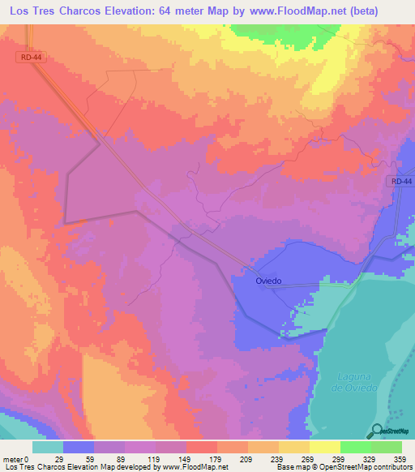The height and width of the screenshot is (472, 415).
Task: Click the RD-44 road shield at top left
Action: [29, 58]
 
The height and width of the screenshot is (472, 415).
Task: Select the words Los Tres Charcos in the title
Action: [57, 12]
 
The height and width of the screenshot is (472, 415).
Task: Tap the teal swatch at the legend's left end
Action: [48, 447]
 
